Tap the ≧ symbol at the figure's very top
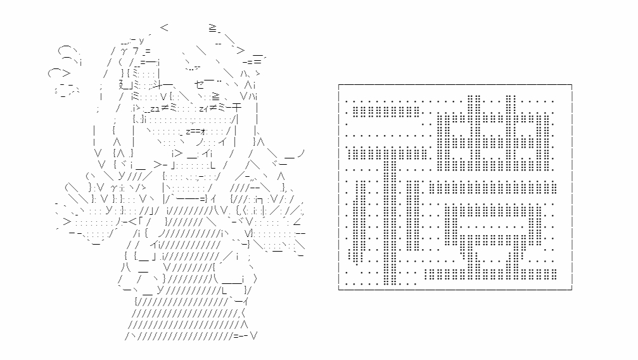(x=214, y=28)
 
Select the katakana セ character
(x=200, y=84)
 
